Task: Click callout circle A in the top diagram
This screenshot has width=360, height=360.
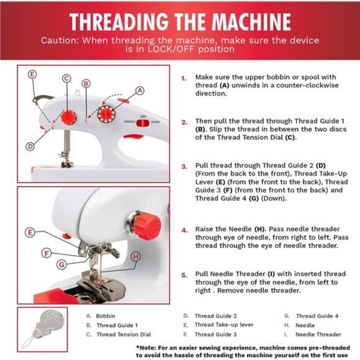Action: pos(140,91)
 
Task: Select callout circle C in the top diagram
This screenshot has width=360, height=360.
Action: pos(66,79)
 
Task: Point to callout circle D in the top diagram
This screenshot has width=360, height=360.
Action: pos(30,146)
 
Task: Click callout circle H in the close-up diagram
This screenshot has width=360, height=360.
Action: pos(136,256)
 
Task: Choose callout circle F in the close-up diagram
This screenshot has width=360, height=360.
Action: pos(46,253)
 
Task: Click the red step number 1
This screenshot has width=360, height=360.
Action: pos(184,79)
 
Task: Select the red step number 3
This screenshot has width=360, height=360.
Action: pos(184,166)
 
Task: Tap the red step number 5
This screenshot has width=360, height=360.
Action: pos(184,274)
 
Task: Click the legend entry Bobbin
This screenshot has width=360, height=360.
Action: pos(106,316)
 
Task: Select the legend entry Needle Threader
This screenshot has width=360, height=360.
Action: pos(319,335)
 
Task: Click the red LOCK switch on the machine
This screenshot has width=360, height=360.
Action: pos(142,123)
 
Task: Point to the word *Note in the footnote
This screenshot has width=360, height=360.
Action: pos(147,348)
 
